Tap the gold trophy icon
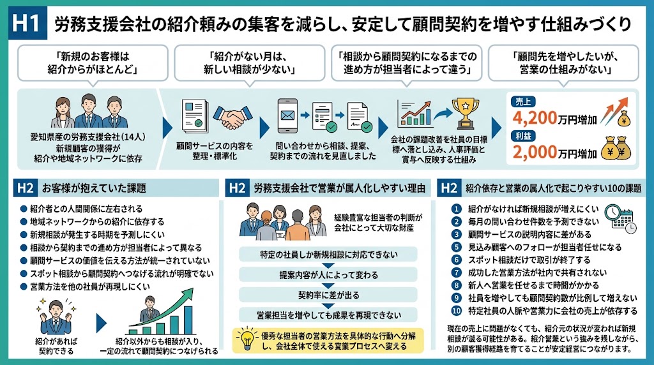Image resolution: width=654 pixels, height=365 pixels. [466, 113]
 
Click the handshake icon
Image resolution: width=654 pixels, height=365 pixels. [232, 117]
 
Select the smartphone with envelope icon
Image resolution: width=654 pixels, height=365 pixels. [288, 115]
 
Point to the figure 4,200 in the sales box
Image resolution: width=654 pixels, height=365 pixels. [535, 118]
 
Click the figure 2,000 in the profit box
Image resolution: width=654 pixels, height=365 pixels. [535, 153]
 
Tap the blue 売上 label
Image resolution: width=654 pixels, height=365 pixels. [523, 101]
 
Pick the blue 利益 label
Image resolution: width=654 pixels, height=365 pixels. [523, 136]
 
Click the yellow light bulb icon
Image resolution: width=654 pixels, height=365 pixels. [247, 339]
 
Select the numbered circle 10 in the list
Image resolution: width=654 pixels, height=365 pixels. [457, 311]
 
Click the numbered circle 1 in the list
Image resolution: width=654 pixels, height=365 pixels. [457, 209]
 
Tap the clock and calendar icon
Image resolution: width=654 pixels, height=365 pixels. [621, 218]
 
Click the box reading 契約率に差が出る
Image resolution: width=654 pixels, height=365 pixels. [328, 295]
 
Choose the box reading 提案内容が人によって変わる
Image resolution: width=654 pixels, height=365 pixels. [328, 275]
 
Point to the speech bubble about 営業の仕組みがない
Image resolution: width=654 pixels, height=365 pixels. [563, 63]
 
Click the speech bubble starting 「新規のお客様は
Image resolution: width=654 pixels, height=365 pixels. [93, 63]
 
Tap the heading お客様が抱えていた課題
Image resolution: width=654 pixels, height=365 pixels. [94, 188]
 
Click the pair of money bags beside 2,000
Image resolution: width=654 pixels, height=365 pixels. [616, 148]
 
